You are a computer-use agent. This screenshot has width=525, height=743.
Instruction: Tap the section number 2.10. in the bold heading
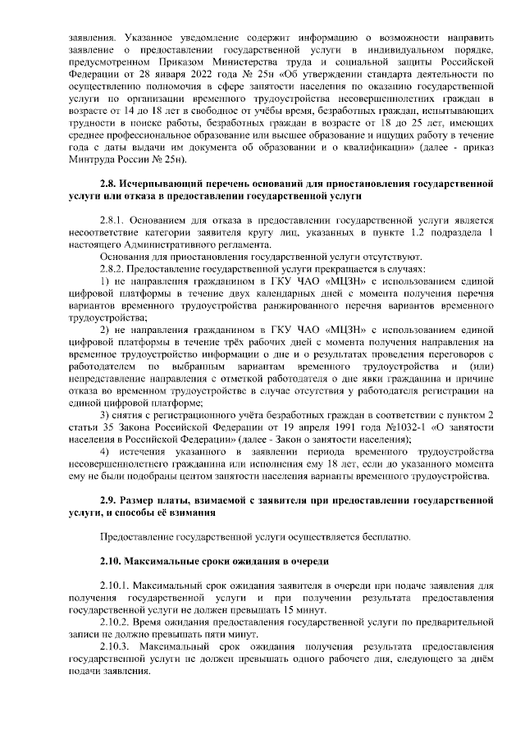[112, 562]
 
